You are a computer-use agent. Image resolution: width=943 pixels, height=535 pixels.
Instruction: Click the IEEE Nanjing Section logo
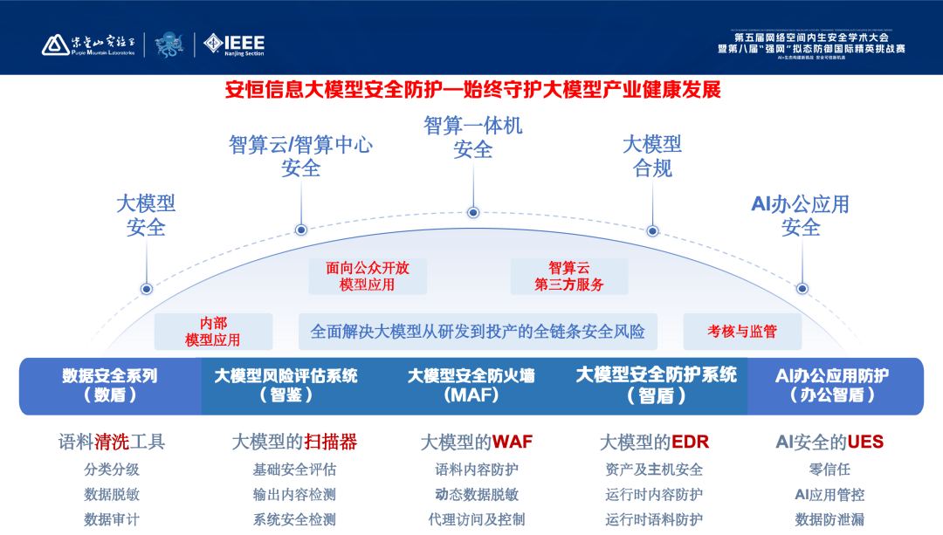click(x=234, y=44)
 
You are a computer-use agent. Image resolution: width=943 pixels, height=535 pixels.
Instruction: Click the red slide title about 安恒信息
click(x=471, y=90)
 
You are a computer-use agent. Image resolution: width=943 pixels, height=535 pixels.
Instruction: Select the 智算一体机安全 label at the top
click(x=472, y=137)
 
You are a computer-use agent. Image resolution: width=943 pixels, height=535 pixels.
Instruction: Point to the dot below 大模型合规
click(x=652, y=230)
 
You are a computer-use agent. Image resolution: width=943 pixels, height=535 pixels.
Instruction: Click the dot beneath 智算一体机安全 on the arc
click(x=472, y=212)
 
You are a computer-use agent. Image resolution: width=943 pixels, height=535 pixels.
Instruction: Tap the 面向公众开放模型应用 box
click(x=367, y=276)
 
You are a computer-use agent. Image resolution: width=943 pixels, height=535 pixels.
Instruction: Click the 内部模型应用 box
click(x=213, y=332)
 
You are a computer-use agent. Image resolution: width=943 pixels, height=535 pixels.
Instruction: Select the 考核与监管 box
click(x=742, y=332)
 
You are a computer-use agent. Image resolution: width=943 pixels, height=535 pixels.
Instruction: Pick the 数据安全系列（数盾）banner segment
click(x=110, y=385)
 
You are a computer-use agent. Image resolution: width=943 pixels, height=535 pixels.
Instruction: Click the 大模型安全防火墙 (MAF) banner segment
click(x=471, y=385)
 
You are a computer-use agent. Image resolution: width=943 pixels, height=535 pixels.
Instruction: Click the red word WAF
click(x=513, y=442)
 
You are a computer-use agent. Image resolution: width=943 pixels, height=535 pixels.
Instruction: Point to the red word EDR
click(x=689, y=442)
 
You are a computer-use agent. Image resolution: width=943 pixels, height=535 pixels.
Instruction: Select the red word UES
click(x=865, y=442)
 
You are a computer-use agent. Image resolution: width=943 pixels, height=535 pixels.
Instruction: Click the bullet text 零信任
click(x=829, y=470)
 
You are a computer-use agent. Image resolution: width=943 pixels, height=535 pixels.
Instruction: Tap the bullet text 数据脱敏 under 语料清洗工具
click(x=112, y=494)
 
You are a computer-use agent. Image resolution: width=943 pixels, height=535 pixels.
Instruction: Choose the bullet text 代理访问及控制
click(x=477, y=519)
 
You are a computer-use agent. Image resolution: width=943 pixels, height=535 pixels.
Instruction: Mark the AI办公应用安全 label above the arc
click(x=800, y=216)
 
